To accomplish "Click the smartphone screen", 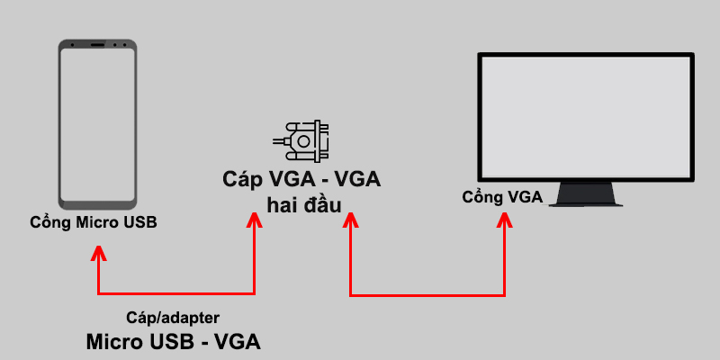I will (98, 122).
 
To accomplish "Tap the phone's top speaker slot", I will (98, 43).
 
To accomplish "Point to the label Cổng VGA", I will (502, 197).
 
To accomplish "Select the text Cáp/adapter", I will (172, 318).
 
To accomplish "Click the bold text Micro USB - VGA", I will (173, 342).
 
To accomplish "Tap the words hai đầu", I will (303, 204).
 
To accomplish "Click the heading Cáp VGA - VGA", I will (302, 179).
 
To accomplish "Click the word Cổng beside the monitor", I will (483, 197).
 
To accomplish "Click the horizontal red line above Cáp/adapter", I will (177, 293).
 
